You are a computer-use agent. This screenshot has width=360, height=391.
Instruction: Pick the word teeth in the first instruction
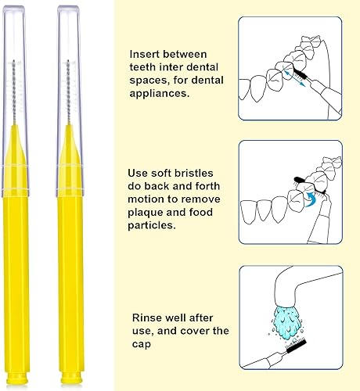(x=146, y=69)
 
